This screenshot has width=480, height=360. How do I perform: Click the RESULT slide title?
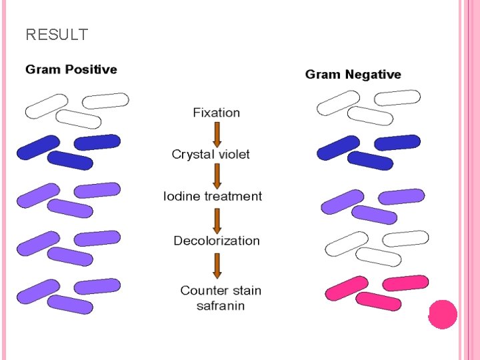point(57,35)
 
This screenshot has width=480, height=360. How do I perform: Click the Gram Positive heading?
point(71,69)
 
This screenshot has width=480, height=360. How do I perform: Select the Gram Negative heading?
point(353,75)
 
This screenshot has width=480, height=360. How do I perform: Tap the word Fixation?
point(216,113)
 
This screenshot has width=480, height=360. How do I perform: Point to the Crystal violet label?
point(211,155)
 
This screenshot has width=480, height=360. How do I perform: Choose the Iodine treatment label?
point(213,196)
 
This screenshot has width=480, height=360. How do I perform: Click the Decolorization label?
point(216,241)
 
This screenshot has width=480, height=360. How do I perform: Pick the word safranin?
point(221,306)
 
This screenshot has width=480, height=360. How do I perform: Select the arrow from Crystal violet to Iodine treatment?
point(217,176)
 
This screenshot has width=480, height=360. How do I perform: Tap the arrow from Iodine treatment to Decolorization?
point(217,219)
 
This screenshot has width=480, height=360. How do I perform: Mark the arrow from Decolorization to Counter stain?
point(217,265)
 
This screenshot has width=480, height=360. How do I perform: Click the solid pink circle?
point(442,314)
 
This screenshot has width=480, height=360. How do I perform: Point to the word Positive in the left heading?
point(89,69)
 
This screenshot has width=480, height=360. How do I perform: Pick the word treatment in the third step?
point(233,196)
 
